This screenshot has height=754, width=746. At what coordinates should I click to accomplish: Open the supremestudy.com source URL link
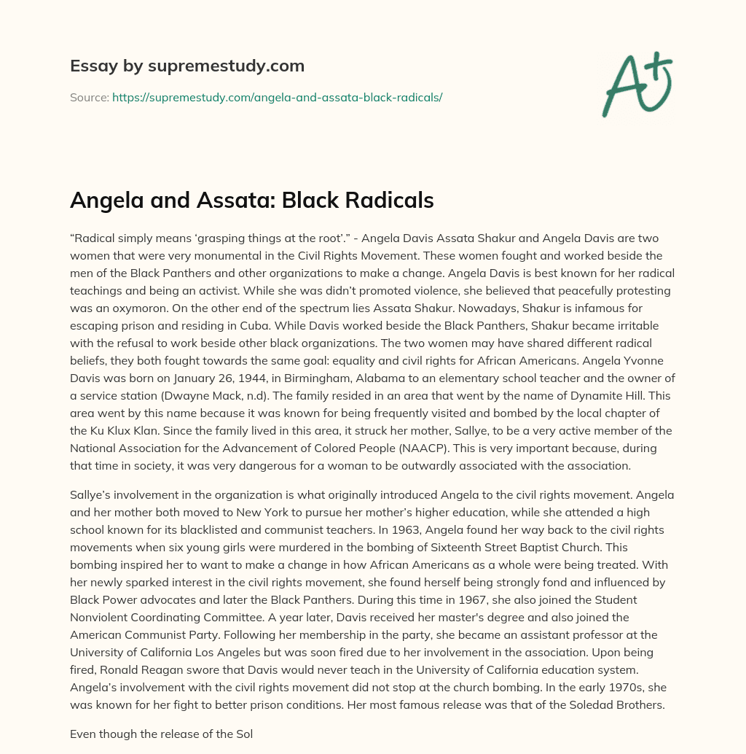277,96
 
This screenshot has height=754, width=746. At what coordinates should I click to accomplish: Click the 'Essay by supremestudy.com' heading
186,66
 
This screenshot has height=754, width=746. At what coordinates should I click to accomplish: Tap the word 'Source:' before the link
89,96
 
